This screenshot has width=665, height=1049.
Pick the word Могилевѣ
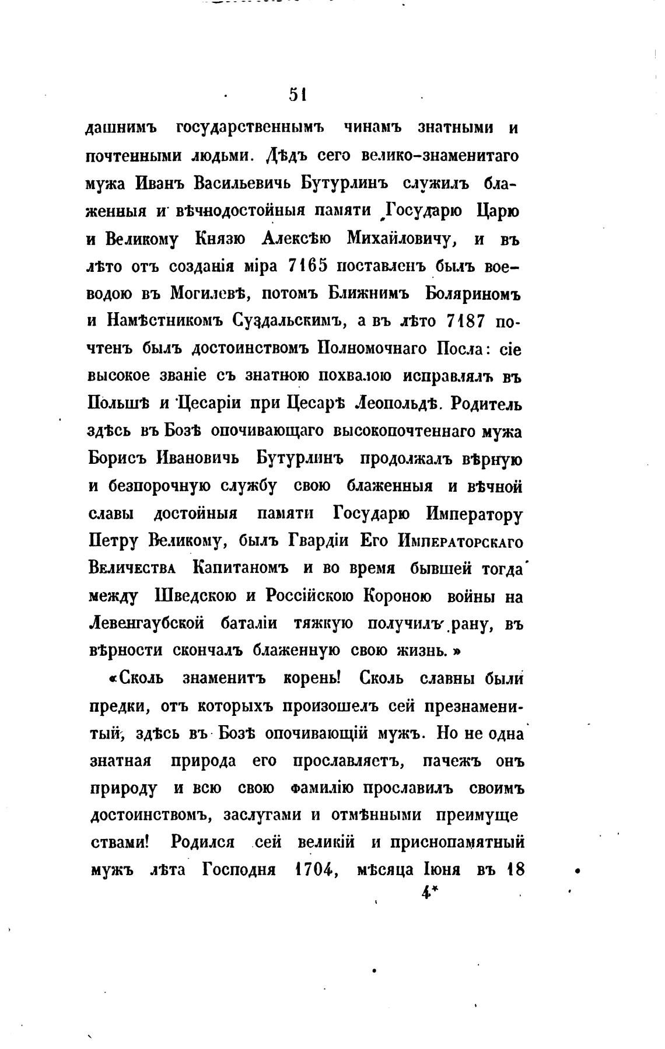(x=210, y=293)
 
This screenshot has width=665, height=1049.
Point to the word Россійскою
(x=309, y=595)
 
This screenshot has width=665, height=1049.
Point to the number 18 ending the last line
(x=516, y=870)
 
